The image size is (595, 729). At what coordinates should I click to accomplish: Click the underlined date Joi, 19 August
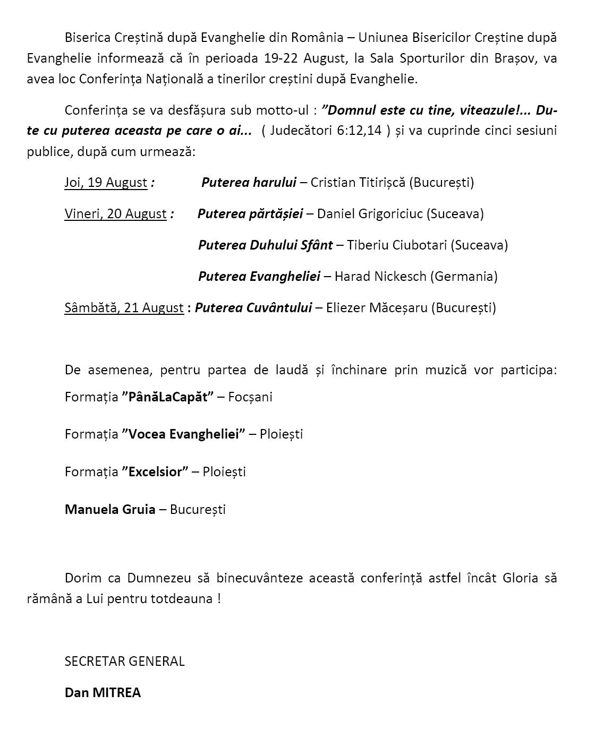(x=106, y=183)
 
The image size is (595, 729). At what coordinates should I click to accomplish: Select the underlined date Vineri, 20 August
(x=115, y=214)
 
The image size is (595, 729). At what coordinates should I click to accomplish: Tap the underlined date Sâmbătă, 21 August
(x=124, y=308)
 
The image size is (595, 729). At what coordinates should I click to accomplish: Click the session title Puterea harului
(x=249, y=183)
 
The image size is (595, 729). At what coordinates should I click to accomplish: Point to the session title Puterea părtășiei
(x=250, y=214)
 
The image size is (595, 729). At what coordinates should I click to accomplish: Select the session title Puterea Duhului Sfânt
(x=266, y=245)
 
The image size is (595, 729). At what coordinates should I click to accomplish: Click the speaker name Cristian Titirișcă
(x=358, y=183)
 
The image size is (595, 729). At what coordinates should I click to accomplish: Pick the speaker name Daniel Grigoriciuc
(x=370, y=214)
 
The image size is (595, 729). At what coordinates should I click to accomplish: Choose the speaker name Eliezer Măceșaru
(x=377, y=308)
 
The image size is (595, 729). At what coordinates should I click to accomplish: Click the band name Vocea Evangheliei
(x=183, y=434)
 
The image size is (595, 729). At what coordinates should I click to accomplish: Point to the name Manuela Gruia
(x=110, y=510)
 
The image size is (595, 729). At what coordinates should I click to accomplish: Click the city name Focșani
(x=250, y=397)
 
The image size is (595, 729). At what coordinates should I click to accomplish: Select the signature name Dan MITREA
(x=103, y=693)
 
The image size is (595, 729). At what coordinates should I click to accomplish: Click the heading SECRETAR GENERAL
(x=124, y=662)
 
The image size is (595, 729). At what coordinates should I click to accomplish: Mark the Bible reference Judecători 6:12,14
(x=326, y=131)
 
